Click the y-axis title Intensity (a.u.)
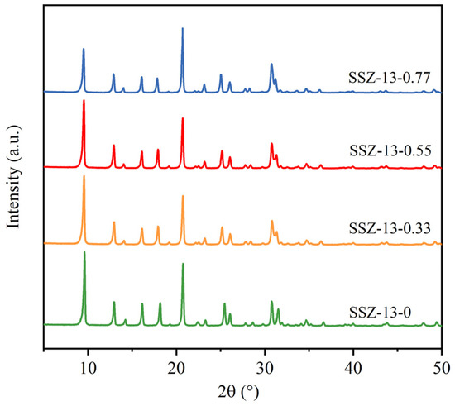pyautogui.click(x=14, y=182)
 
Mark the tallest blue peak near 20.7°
pyautogui.click(x=183, y=28)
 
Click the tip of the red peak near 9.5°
pyautogui.click(x=84, y=101)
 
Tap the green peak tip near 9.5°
pyautogui.click(x=84, y=252)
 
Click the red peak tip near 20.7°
pyautogui.click(x=183, y=119)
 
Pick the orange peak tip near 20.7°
pyautogui.click(x=183, y=196)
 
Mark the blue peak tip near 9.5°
pyautogui.click(x=84, y=49)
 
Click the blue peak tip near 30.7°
pyautogui.click(x=271, y=64)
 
